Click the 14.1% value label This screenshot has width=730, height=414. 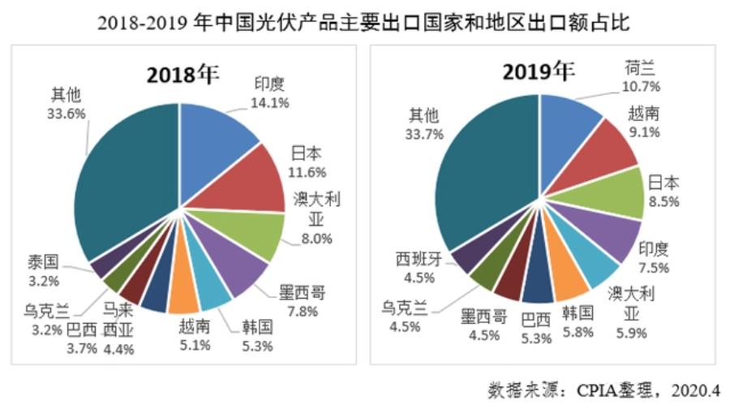(271, 102)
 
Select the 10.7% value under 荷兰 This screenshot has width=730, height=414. (642, 85)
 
